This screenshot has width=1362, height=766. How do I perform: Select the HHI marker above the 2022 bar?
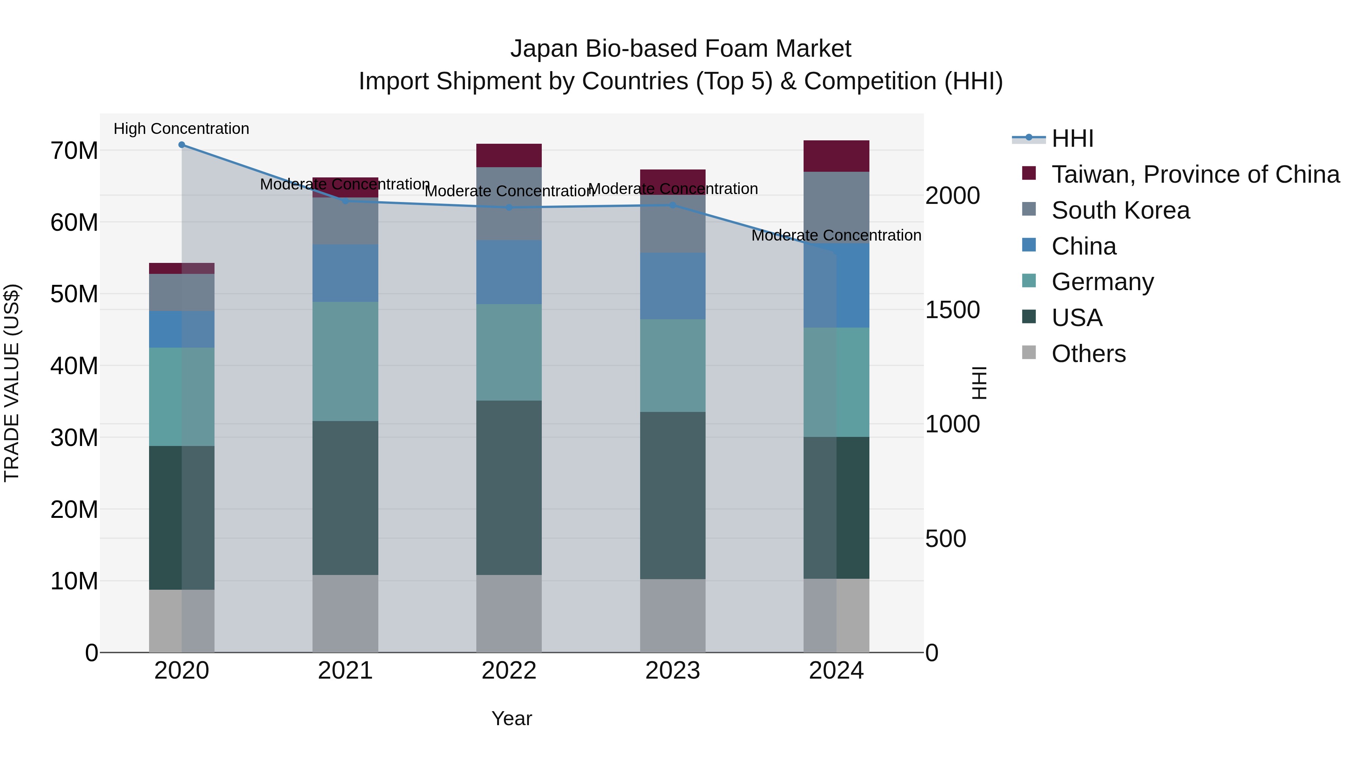coord(509,208)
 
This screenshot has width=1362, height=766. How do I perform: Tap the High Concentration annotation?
coord(181,129)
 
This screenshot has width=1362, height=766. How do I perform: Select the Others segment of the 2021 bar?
coord(345,613)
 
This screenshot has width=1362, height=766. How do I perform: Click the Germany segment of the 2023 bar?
coord(673,366)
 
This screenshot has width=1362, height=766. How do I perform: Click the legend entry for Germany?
coord(1102,282)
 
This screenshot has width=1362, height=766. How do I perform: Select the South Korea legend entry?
coord(1120,210)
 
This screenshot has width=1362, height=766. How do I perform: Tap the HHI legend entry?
coord(1072,138)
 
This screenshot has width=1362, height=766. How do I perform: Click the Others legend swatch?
coord(1029,353)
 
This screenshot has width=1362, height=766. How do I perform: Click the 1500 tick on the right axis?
coord(952,310)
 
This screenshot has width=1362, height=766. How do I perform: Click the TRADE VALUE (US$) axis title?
coord(12,383)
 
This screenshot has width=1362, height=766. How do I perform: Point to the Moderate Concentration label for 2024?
coord(836,236)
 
